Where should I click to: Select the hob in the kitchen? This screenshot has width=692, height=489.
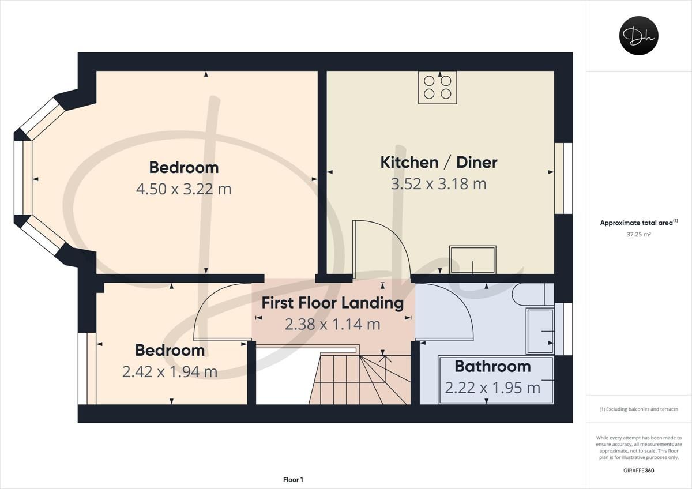click(438, 88)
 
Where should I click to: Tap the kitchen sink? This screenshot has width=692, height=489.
click(473, 259)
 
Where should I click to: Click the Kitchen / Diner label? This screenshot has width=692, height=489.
click(438, 163)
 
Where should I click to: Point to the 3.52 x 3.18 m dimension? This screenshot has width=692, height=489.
click(438, 184)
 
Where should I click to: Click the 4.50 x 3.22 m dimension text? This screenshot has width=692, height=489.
click(183, 189)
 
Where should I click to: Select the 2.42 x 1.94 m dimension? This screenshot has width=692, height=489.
click(170, 372)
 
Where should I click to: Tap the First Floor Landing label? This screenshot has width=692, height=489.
click(333, 303)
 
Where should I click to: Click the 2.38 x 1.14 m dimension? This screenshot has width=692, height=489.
click(333, 324)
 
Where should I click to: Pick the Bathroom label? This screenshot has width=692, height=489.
click(492, 366)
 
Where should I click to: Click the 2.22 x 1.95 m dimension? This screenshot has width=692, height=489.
click(492, 388)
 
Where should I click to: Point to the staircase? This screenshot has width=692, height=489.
click(360, 378)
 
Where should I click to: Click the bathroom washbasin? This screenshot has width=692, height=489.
click(540, 331)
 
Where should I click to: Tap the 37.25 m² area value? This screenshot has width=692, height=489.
click(638, 234)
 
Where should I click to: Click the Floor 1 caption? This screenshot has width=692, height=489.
click(293, 479)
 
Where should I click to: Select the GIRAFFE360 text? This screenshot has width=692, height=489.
click(638, 470)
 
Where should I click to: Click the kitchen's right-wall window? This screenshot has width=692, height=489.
click(563, 178)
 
